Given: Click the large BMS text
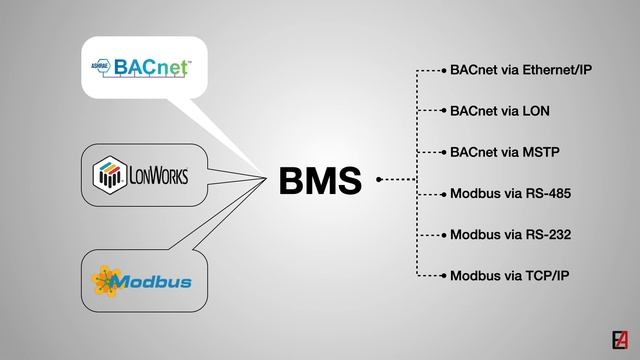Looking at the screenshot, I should (320, 181).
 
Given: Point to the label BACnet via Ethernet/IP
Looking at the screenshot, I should (521, 71).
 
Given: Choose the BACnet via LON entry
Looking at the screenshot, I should (500, 111).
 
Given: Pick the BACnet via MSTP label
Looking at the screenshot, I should (504, 152).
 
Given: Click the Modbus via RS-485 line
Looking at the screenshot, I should (510, 193).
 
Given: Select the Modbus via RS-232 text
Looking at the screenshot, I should (510, 234).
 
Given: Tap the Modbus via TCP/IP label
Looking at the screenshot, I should (510, 275).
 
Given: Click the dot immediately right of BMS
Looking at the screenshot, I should (379, 180).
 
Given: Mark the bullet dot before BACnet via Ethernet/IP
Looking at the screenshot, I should (443, 71).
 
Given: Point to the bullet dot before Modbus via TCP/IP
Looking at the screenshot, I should (443, 275).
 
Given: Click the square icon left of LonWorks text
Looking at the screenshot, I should (108, 176).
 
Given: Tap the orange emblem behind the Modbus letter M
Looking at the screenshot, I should (104, 279).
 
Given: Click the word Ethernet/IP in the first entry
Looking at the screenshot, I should (557, 71).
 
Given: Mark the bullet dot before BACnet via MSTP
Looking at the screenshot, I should (443, 152).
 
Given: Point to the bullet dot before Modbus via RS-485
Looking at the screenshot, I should (443, 193).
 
